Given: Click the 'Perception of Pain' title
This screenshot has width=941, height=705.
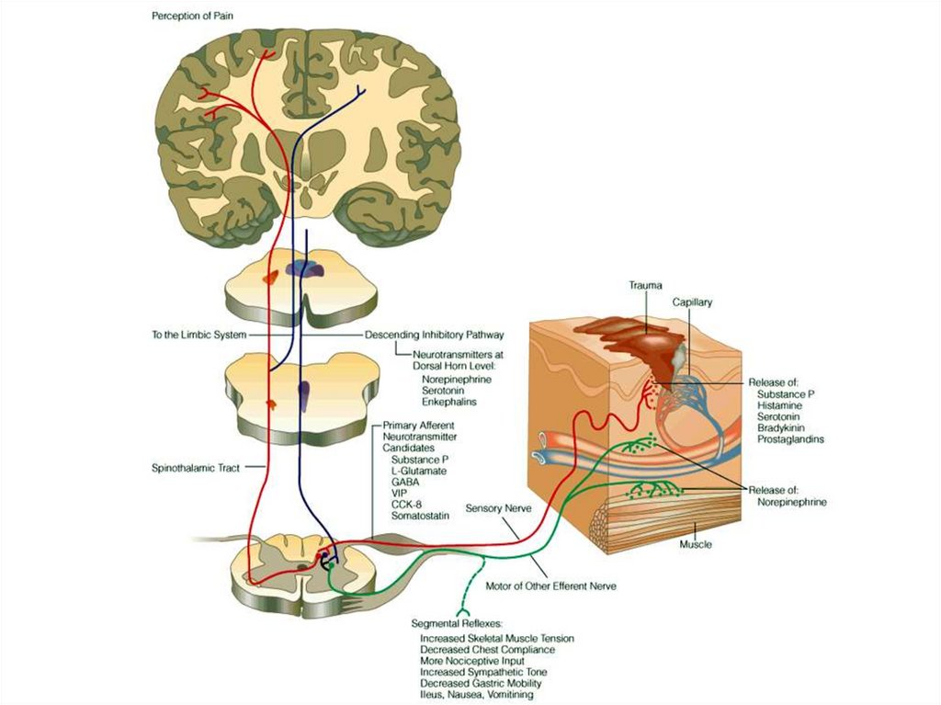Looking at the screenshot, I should (189, 17).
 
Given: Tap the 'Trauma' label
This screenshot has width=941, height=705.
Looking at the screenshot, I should (645, 286).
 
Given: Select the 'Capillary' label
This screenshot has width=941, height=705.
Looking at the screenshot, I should (692, 302).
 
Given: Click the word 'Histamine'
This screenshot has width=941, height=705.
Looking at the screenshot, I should (778, 405).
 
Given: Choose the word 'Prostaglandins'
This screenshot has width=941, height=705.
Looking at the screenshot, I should (790, 439).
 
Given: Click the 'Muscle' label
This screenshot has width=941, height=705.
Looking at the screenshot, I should (696, 544).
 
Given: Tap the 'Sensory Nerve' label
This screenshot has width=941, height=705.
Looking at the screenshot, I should (496, 507).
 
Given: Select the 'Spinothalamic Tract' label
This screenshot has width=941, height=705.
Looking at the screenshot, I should (196, 468).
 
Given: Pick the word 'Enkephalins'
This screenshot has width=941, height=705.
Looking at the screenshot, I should (449, 402).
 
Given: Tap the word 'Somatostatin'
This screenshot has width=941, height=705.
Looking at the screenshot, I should (420, 517).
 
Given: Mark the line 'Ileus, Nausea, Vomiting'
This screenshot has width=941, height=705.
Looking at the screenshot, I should (476, 695).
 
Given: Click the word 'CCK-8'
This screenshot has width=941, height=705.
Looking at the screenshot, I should (407, 505).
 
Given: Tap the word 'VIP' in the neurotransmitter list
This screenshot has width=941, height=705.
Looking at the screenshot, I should (400, 493).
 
